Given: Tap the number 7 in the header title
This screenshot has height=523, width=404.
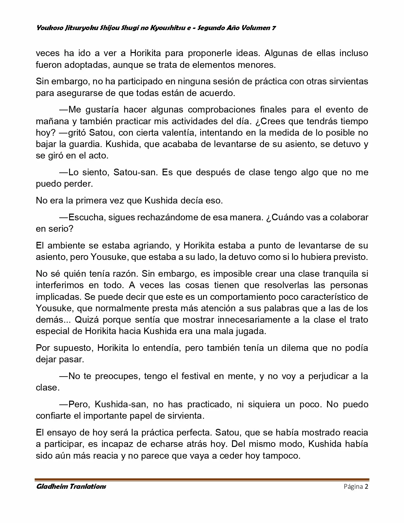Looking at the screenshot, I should point(273,28).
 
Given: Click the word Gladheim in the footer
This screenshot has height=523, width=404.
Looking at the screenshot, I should point(51,487).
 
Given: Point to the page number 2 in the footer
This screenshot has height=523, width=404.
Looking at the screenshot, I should point(366,487).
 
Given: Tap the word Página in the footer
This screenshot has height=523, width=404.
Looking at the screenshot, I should point(353,487).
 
